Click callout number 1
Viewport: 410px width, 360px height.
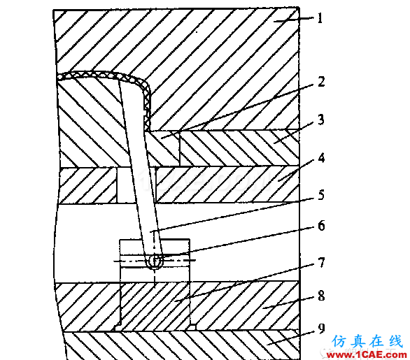pyautogui.click(x=320, y=18)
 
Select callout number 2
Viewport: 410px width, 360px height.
pyautogui.click(x=321, y=82)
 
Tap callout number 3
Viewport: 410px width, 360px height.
pyautogui.click(x=321, y=120)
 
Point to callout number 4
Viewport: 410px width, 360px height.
pyautogui.click(x=321, y=158)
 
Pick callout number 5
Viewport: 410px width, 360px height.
pyautogui.click(x=321, y=195)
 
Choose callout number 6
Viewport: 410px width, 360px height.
pyautogui.click(x=321, y=226)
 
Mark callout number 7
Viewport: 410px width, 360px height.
pyautogui.click(x=321, y=263)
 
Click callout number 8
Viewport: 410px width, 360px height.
pyautogui.click(x=321, y=296)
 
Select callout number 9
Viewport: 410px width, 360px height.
pyautogui.click(x=321, y=329)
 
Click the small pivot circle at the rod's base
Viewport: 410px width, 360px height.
pyautogui.click(x=155, y=260)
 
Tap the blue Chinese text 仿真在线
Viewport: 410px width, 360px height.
pyautogui.click(x=367, y=341)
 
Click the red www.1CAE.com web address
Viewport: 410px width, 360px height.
pyautogui.click(x=367, y=355)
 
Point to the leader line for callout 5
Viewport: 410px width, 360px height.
pyautogui.click(x=232, y=215)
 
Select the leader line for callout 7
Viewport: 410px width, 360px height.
pyautogui.click(x=244, y=282)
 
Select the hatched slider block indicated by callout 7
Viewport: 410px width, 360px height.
pyautogui.click(x=155, y=306)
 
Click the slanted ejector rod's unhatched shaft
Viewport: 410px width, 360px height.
pyautogui.click(x=138, y=167)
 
